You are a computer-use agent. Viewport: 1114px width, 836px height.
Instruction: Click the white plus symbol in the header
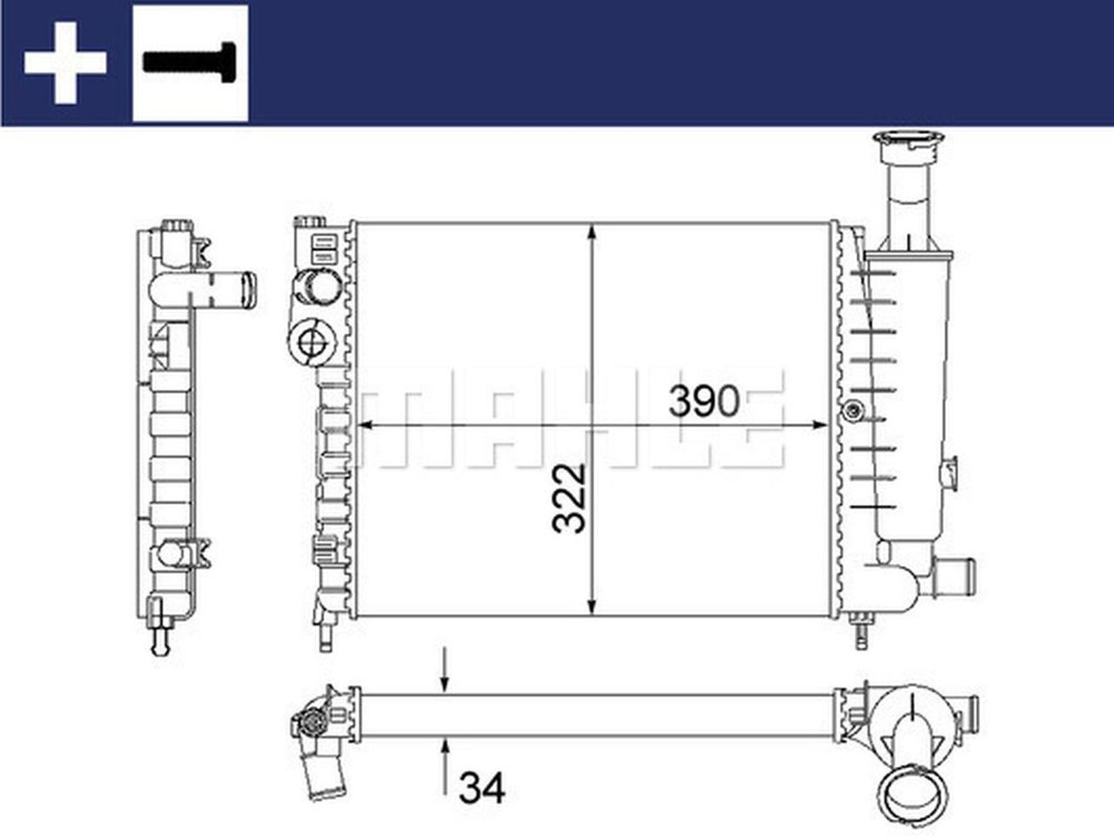pos(65,63)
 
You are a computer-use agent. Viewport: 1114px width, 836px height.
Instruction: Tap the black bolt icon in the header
pos(190,62)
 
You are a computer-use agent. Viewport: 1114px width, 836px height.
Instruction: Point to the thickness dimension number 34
pos(481,789)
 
